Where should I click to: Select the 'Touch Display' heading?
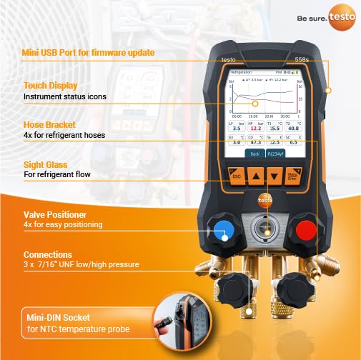coord(46,84)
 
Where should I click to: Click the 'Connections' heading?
coord(49,254)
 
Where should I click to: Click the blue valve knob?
coord(223,231)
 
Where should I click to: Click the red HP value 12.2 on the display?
coord(256,129)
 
